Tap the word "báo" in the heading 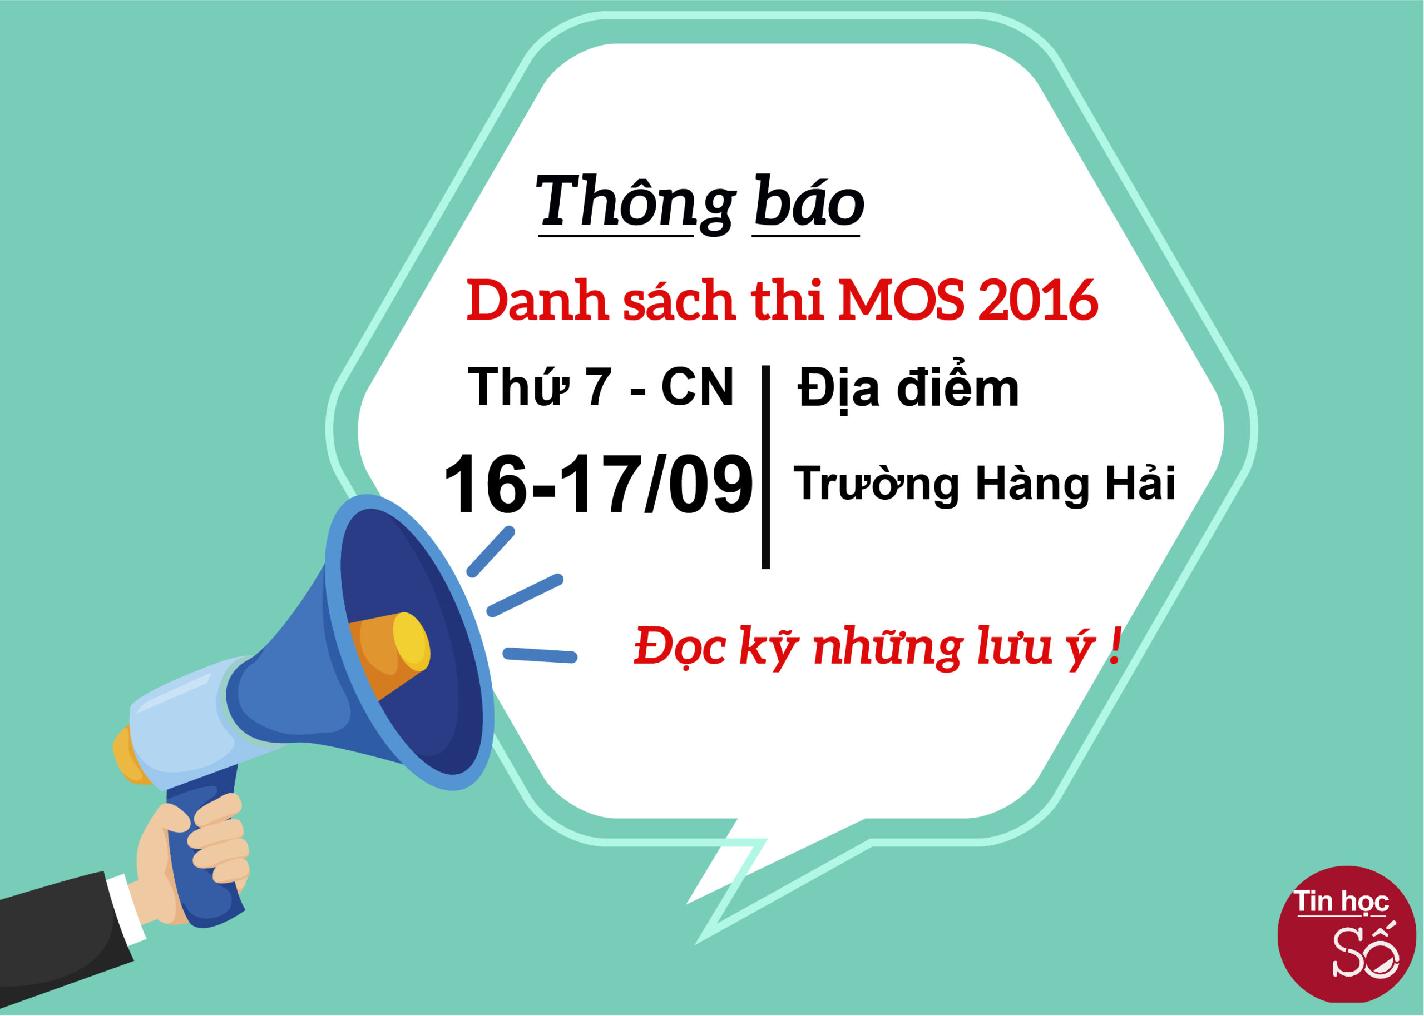click(809, 201)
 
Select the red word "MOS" click(900, 301)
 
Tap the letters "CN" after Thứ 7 click(696, 387)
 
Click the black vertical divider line click(765, 467)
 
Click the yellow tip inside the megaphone click(411, 642)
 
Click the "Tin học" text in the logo click(1341, 902)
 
